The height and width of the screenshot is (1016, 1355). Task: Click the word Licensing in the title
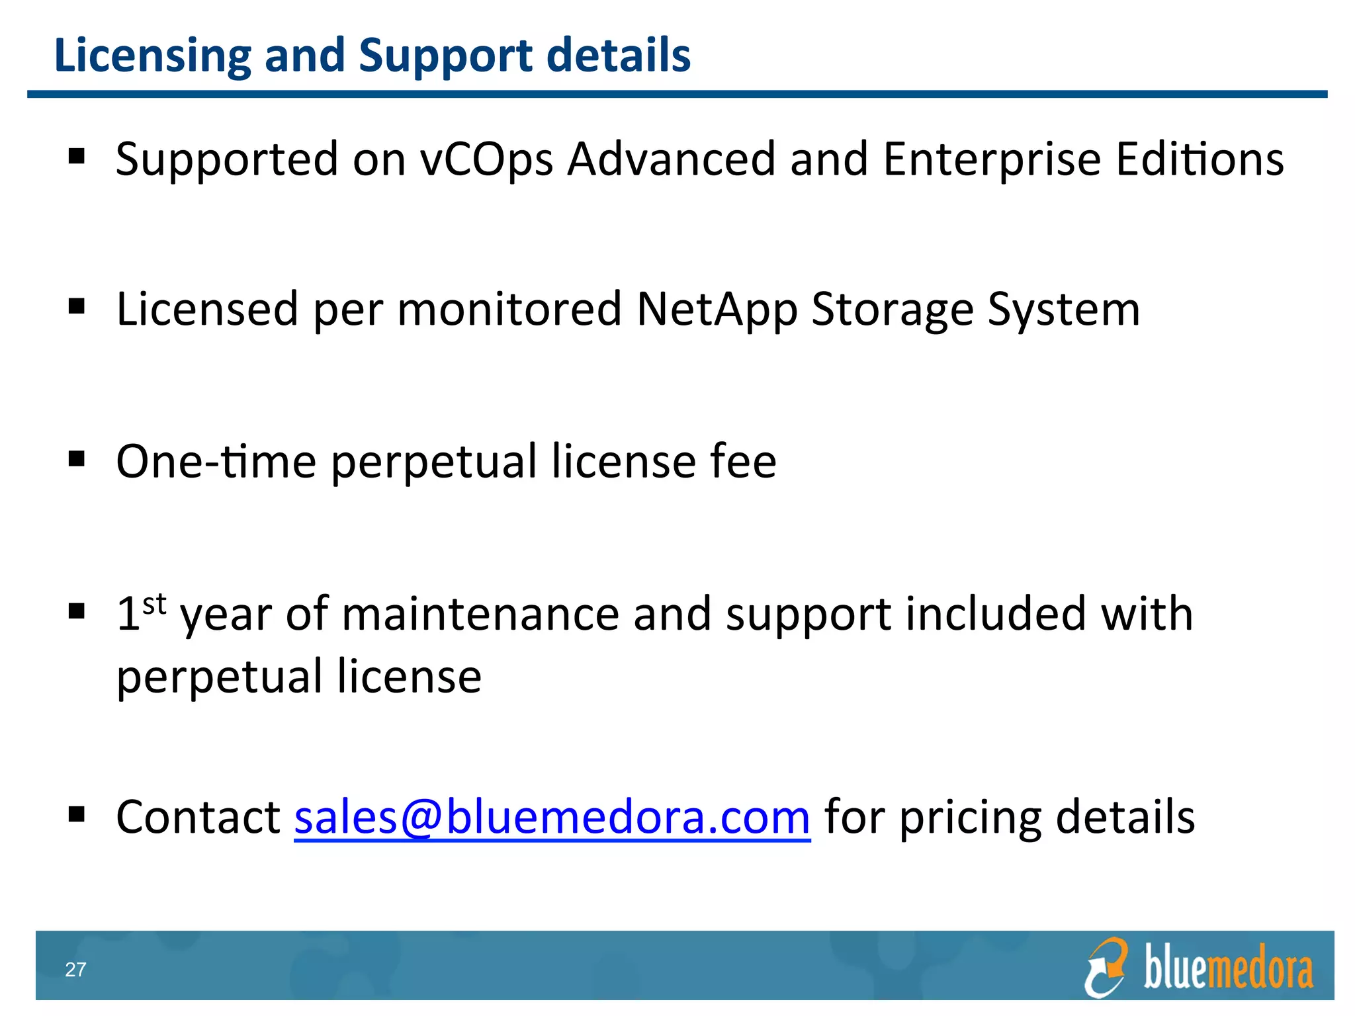153,56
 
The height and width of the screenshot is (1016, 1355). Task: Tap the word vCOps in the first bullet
486,160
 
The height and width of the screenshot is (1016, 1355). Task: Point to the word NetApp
717,310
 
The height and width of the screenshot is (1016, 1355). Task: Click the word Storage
893,310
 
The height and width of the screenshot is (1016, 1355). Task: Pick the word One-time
216,461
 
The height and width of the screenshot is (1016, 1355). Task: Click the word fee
743,461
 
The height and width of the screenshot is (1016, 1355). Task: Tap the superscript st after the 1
154,605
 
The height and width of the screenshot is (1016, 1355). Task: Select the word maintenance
480,614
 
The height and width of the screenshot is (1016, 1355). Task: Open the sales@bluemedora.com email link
552,818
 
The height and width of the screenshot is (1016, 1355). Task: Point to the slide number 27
75,970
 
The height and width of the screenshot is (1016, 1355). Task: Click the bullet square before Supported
77,156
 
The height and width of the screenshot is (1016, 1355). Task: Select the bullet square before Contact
77,814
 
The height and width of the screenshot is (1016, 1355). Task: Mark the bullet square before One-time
77,458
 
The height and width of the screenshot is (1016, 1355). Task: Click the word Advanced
671,160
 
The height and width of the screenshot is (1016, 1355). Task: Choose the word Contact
198,818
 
